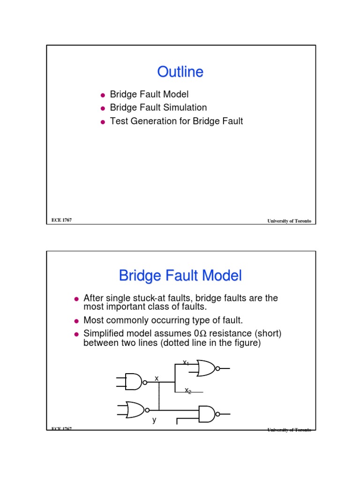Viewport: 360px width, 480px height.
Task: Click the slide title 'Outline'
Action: point(180,72)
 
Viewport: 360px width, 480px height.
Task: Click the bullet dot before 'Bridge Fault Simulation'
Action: point(103,108)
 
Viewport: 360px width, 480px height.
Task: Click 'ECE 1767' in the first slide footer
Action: point(61,220)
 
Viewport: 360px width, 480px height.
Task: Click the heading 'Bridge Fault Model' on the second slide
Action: point(180,276)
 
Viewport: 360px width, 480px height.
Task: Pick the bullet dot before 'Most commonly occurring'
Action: point(77,322)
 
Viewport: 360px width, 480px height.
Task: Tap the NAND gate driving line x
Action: point(133,382)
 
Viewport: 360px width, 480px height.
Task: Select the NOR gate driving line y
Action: point(135,409)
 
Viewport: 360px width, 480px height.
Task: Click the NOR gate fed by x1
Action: point(206,368)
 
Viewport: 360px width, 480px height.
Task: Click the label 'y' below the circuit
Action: point(154,420)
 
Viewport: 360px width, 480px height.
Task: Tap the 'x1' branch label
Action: point(186,362)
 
